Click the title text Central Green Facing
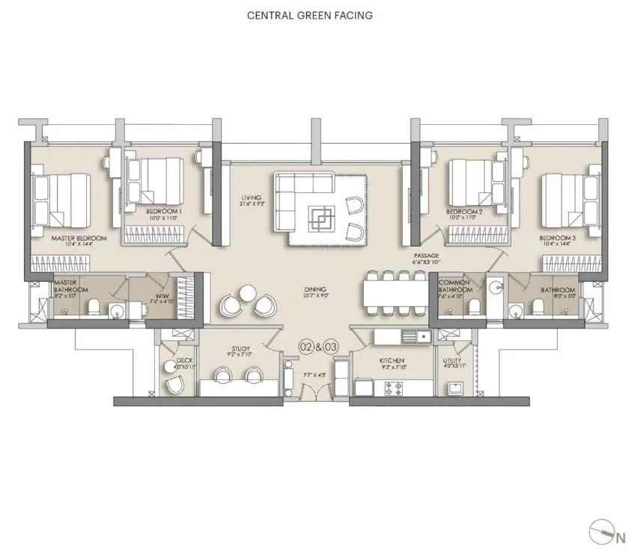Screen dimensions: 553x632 click(309, 15)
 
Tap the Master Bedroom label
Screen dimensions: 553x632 click(79, 239)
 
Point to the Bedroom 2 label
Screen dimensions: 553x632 click(464, 213)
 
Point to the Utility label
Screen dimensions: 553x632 click(452, 362)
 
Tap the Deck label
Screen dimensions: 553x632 click(184, 362)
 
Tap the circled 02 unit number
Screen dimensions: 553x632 click(306, 347)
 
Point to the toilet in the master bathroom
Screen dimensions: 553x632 click(92, 307)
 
